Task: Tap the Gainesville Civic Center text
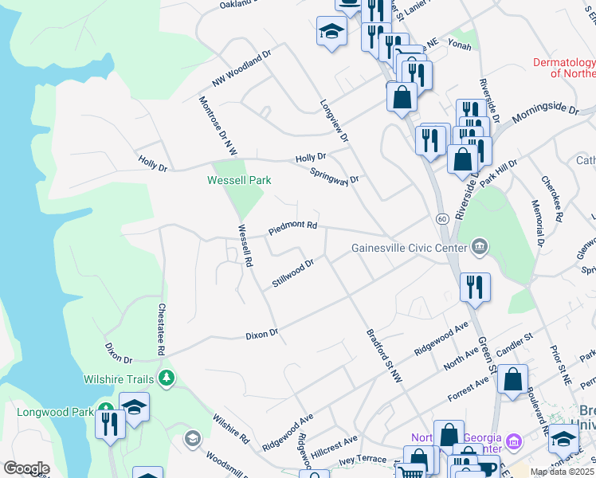(x=409, y=247)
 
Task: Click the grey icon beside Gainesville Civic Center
(x=480, y=246)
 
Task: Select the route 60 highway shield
(x=441, y=217)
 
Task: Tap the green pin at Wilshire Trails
(x=167, y=377)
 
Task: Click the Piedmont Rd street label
(x=292, y=226)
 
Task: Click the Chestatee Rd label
(x=161, y=329)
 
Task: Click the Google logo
(x=26, y=468)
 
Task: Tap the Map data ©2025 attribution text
(x=562, y=472)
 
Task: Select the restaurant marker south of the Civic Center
(x=476, y=287)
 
